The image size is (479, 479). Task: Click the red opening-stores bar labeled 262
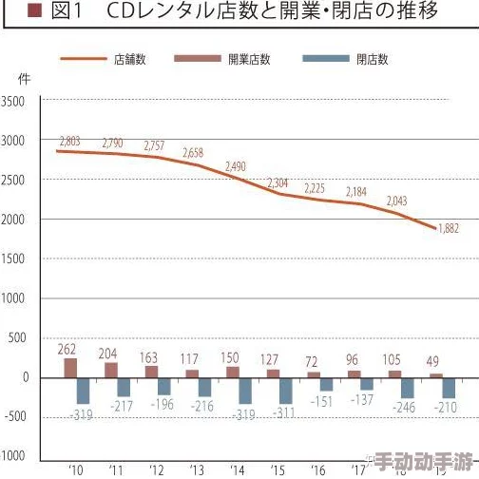coord(70,368)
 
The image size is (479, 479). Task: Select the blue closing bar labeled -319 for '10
coord(84,391)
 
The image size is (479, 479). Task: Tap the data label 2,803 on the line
coord(68,141)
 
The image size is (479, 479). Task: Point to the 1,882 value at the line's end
coord(449,227)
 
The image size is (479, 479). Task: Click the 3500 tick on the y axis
coord(15,102)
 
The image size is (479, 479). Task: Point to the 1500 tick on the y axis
coord(15,259)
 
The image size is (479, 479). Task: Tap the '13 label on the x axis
coord(197,469)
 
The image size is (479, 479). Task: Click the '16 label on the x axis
coord(318,469)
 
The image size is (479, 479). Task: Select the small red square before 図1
coord(35,11)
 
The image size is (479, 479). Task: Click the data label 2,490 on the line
coord(235,166)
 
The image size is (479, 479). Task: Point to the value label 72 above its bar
coord(313,361)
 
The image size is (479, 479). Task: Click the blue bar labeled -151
coord(327,384)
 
